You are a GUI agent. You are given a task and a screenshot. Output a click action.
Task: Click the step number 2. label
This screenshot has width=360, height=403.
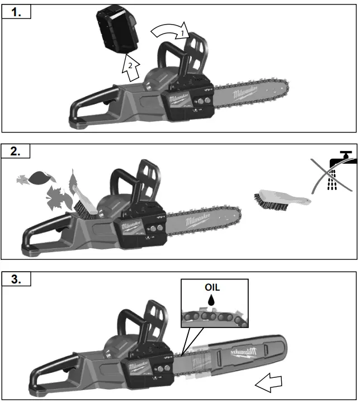click(x=17, y=151)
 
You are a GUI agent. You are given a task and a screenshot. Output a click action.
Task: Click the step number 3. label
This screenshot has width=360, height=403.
click(x=17, y=278)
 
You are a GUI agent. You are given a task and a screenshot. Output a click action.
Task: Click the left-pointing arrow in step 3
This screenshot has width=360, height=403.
click(x=268, y=383)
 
